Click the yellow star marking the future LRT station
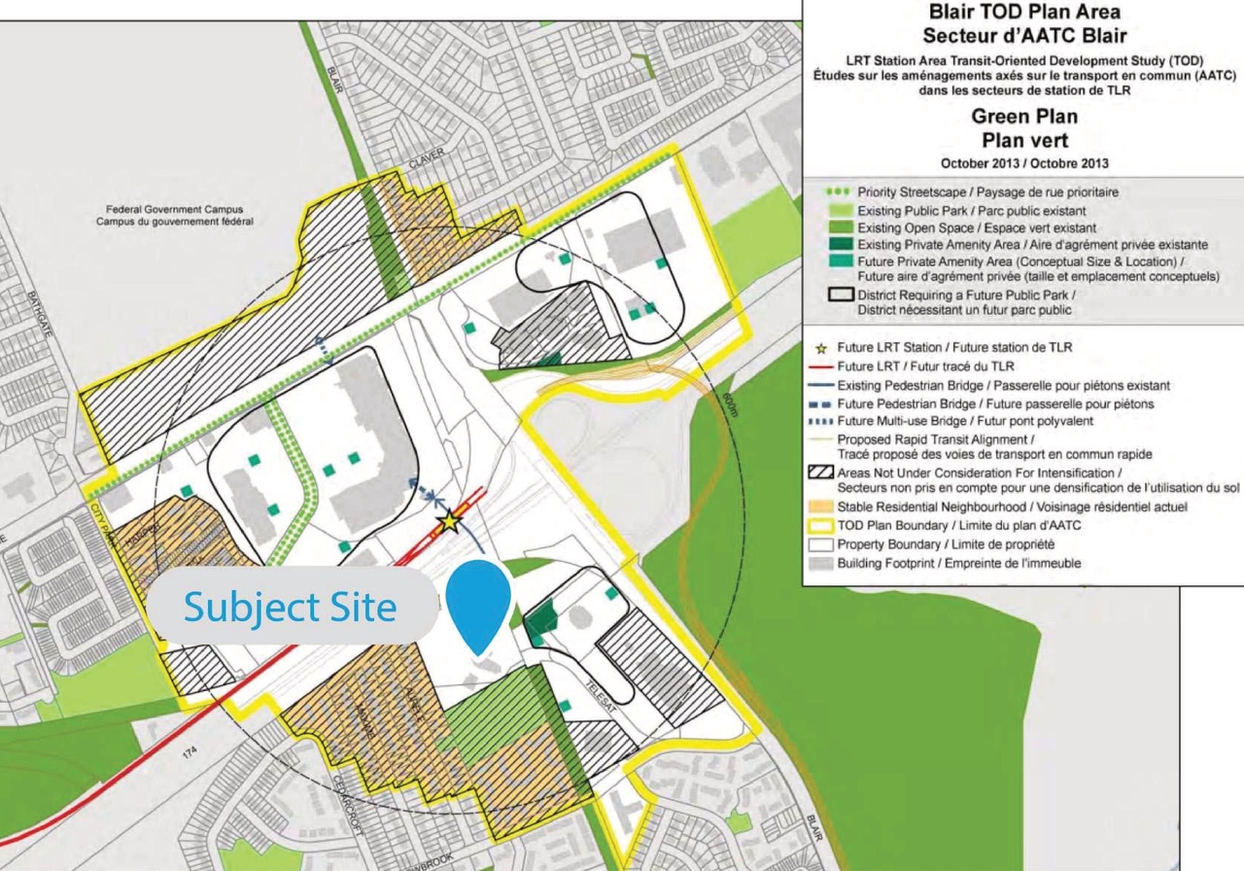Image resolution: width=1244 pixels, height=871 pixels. (x=449, y=522)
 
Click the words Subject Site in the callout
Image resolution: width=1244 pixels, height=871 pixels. (x=290, y=608)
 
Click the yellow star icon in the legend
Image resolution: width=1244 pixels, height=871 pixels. (x=822, y=348)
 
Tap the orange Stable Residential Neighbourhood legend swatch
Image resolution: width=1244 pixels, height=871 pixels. (x=821, y=506)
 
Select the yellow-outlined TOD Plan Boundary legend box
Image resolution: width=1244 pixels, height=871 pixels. (x=821, y=526)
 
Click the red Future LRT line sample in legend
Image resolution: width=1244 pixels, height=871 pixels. (x=821, y=367)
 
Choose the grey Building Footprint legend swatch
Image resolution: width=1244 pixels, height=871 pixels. (x=821, y=563)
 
